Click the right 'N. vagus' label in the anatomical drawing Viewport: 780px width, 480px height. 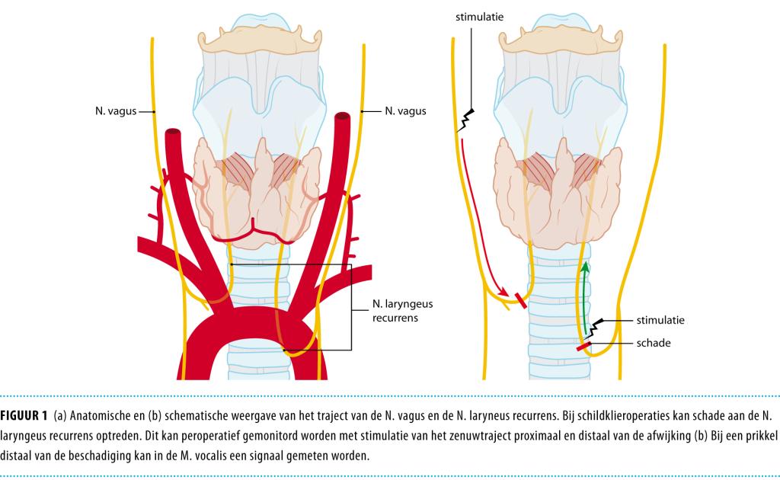click(405, 111)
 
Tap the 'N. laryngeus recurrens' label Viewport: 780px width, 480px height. click(397, 312)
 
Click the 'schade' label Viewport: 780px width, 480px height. click(654, 343)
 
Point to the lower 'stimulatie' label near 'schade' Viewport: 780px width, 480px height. click(659, 320)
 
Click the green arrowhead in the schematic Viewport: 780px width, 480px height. click(585, 268)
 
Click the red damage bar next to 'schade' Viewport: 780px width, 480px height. click(584, 347)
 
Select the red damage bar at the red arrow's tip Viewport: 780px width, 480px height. click(521, 299)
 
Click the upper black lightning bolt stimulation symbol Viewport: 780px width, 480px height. click(466, 120)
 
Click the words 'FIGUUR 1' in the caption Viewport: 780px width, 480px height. click(24, 415)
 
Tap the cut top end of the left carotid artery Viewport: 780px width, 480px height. click(173, 135)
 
